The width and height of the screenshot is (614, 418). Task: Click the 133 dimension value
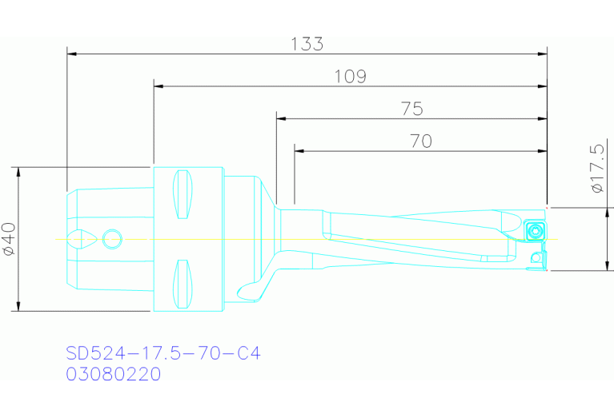(307, 44)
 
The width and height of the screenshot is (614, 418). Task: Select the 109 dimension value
(350, 77)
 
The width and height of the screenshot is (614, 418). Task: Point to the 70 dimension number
(420, 141)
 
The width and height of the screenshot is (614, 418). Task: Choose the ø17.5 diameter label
(596, 169)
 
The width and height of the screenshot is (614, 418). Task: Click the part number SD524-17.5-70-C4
(163, 353)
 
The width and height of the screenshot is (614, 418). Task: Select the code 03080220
(114, 374)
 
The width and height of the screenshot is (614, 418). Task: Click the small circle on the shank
(112, 238)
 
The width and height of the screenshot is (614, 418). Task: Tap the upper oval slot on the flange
(183, 194)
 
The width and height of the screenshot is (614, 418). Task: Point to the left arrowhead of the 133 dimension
(71, 54)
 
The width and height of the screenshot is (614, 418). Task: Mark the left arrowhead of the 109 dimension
(158, 86)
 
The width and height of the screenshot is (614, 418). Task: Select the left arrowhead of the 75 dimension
(281, 118)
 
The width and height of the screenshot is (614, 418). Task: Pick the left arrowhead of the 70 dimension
(299, 150)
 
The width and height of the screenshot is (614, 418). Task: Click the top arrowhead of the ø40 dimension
(17, 172)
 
